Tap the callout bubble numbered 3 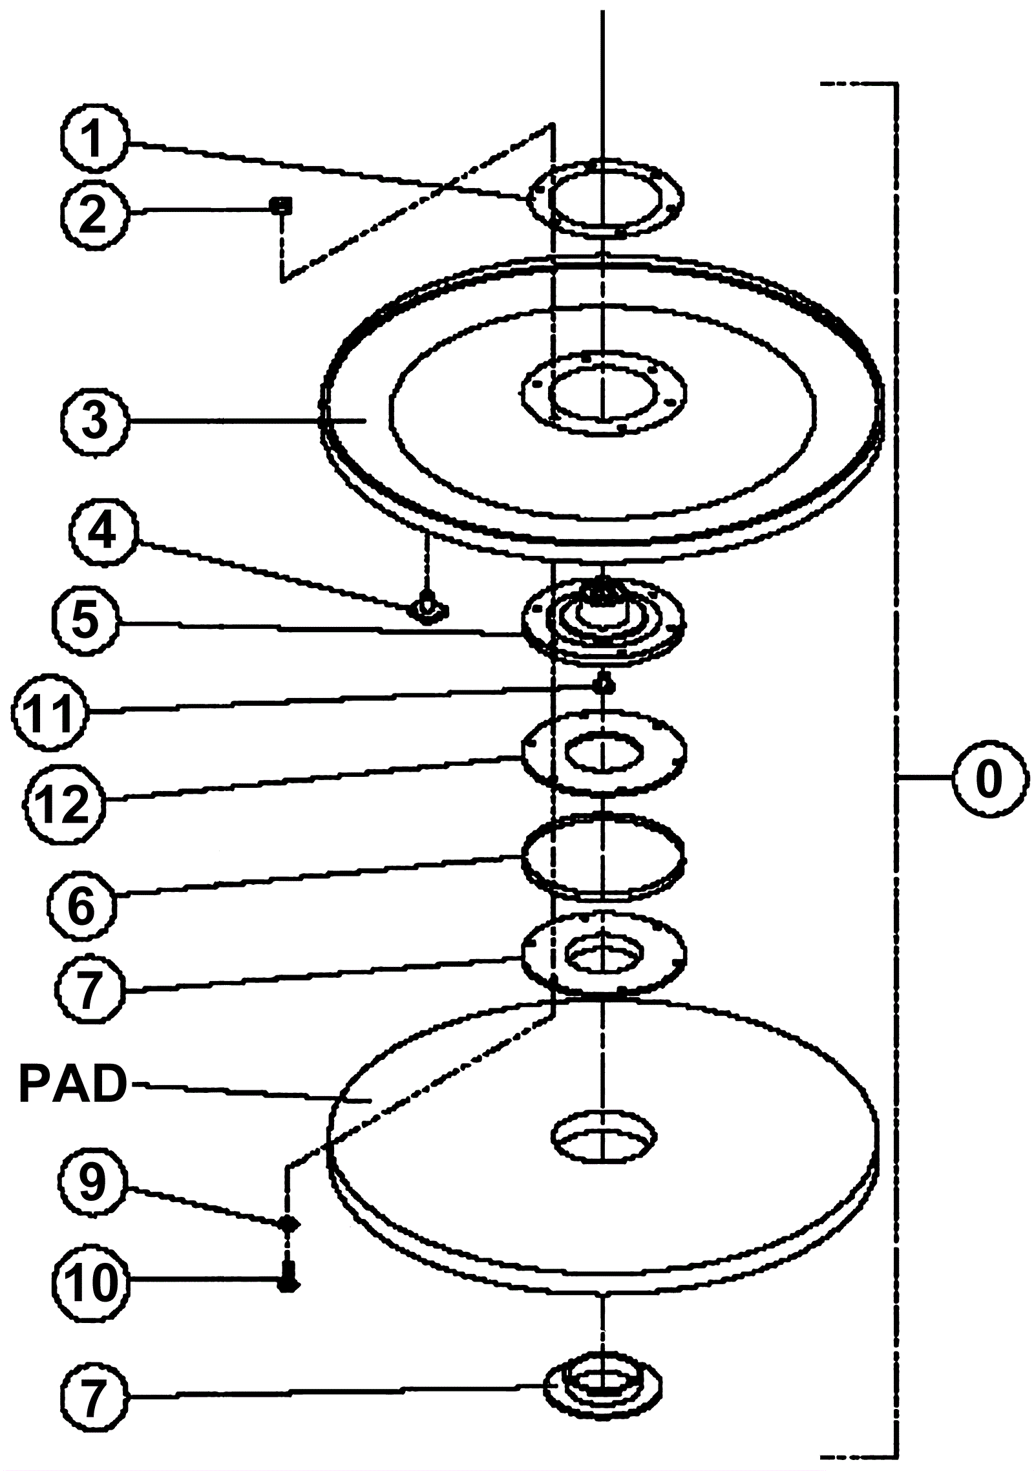[x=94, y=421]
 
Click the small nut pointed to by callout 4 [x=427, y=608]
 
